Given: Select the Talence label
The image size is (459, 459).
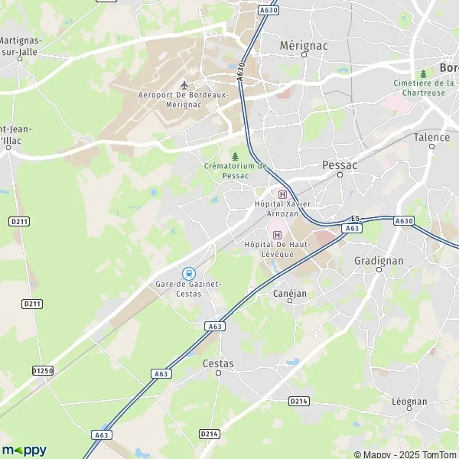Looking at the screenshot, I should (431, 138).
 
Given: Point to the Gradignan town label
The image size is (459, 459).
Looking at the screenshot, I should (378, 260).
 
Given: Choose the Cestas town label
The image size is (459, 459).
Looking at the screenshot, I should (220, 364).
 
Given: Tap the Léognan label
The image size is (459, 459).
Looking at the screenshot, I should (409, 402).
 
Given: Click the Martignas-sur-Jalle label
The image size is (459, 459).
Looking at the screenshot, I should (21, 46).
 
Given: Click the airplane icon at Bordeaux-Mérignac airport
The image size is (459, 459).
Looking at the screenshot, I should (184, 85).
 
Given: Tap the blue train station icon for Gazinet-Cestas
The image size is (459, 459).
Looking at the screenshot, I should (188, 273).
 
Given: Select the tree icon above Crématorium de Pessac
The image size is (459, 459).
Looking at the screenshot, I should (235, 156).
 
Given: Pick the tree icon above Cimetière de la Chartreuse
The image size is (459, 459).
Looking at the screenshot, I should (423, 74).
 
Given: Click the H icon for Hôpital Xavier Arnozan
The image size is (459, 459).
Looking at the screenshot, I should (282, 194).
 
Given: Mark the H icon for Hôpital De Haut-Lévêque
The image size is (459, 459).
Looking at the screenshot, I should (277, 234).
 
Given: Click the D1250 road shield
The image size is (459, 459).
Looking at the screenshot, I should (43, 371).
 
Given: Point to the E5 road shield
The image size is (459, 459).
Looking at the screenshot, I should (354, 219).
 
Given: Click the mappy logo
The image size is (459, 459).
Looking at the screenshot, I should (24, 450).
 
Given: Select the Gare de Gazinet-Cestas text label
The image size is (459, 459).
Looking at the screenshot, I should (187, 288).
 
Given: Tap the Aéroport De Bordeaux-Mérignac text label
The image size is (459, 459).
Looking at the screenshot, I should (184, 100).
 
